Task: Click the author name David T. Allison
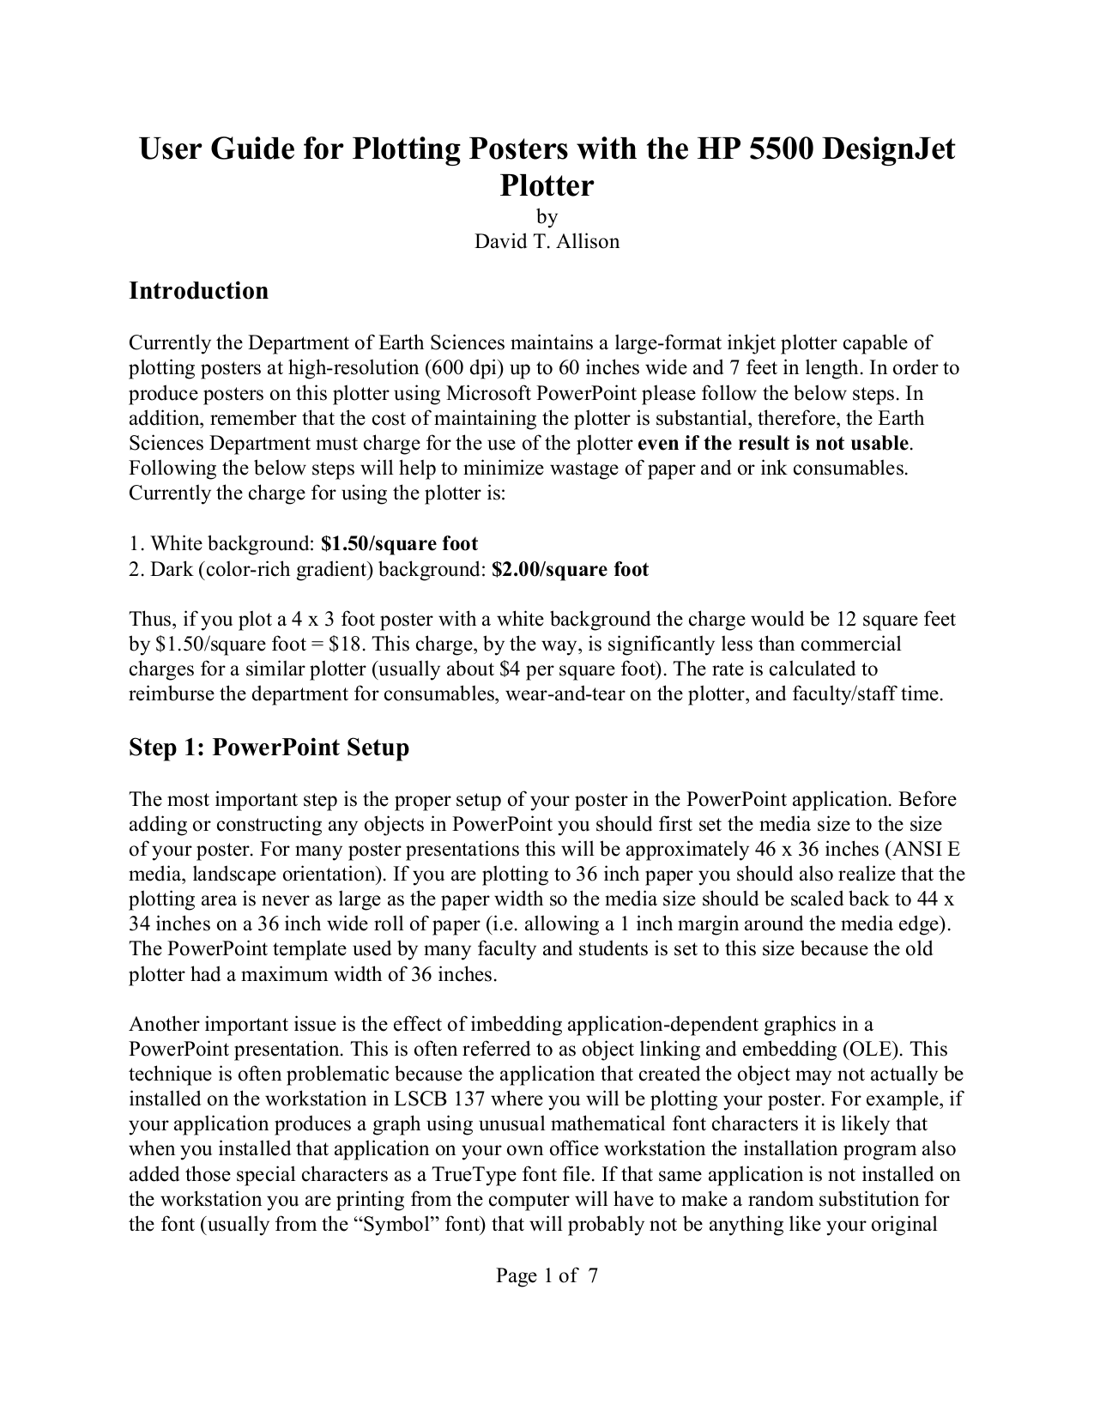547,241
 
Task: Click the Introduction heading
198,291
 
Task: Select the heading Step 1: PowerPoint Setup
269,748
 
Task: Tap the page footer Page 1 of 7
547,1275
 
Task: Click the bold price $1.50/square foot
399,544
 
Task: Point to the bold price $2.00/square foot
570,569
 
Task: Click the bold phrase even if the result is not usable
773,444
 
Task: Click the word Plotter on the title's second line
547,185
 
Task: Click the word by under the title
547,216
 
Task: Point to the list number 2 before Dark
135,569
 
